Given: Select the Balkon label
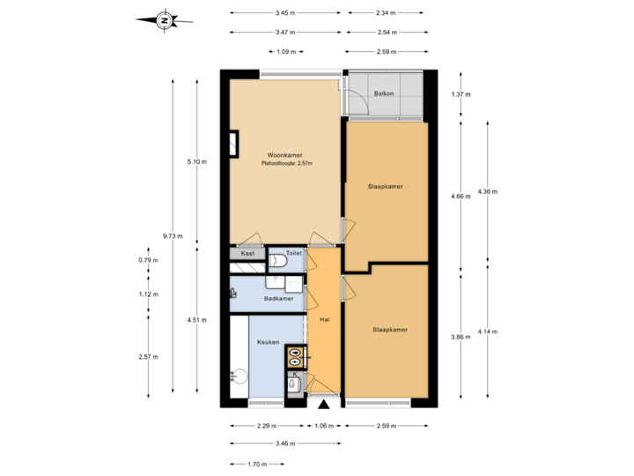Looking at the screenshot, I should click(x=383, y=93).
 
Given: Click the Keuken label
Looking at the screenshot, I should click(x=268, y=342).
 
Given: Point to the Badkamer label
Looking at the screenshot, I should click(x=278, y=299).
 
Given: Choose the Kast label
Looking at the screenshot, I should click(x=247, y=253).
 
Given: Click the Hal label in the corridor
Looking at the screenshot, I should click(x=324, y=321).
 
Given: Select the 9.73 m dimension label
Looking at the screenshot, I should click(x=173, y=235).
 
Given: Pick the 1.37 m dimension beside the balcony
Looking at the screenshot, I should click(x=461, y=94).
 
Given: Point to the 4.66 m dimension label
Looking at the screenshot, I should click(x=461, y=197).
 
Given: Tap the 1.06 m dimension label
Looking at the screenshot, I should click(x=325, y=426).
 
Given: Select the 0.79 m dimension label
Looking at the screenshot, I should click(x=148, y=260).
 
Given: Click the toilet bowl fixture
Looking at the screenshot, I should click(x=278, y=261).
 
